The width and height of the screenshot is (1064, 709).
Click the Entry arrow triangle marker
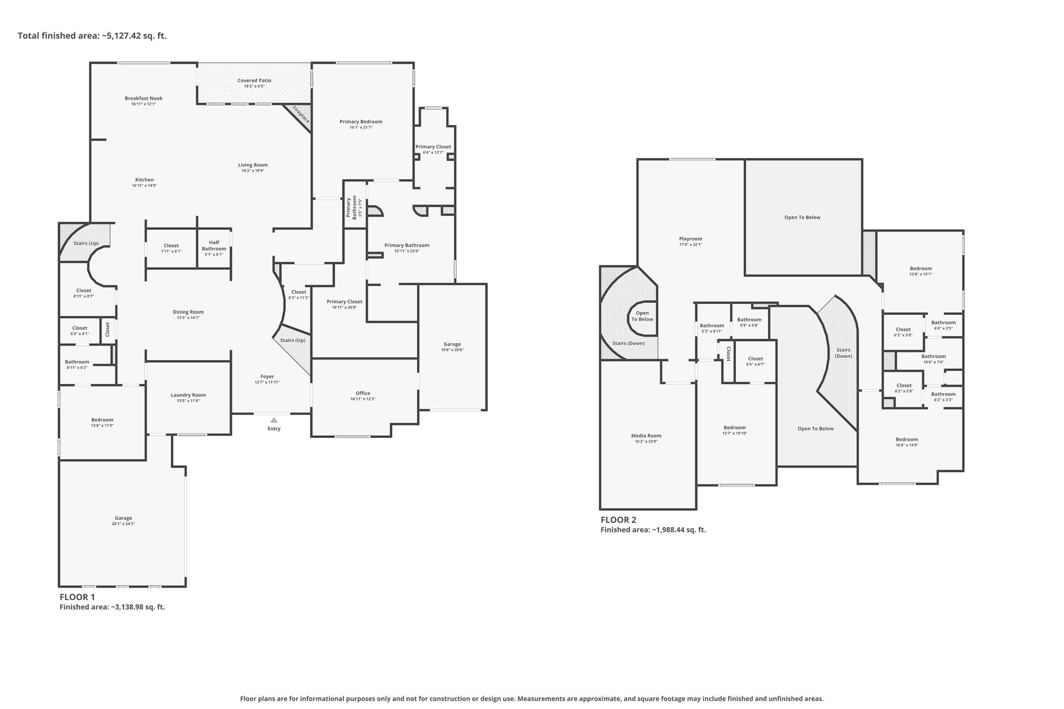(x=274, y=420)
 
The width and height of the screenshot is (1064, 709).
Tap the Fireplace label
(x=301, y=114)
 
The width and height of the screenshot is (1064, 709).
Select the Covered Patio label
(x=255, y=81)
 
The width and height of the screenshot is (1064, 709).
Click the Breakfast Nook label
(x=143, y=98)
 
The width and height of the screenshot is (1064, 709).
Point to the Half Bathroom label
(x=214, y=245)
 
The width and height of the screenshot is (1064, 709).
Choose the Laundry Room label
(x=188, y=395)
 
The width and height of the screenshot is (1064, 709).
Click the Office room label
(x=363, y=393)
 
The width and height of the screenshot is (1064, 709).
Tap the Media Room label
(x=646, y=436)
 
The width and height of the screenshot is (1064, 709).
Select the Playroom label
(x=690, y=239)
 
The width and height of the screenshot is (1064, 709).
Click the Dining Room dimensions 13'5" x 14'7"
(x=188, y=318)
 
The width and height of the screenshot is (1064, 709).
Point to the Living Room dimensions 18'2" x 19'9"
(x=253, y=171)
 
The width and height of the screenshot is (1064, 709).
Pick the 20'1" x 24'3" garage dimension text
(x=123, y=524)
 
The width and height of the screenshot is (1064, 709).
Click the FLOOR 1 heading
(x=77, y=597)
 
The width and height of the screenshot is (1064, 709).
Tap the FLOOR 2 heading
(x=618, y=520)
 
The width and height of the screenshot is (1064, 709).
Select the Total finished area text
(x=92, y=36)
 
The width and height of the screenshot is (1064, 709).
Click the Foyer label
(x=267, y=377)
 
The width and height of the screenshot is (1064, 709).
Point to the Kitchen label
(x=144, y=180)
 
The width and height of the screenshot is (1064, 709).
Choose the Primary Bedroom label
(x=361, y=122)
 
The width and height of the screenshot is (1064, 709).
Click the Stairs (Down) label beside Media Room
(x=628, y=343)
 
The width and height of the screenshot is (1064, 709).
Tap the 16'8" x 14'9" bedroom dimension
(x=907, y=445)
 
